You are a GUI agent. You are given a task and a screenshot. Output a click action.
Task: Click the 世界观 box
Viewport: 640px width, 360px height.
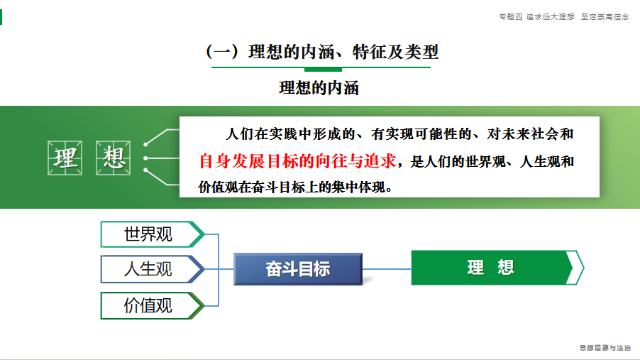(153, 234)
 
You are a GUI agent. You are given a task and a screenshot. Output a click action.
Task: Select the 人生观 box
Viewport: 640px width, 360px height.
(153, 269)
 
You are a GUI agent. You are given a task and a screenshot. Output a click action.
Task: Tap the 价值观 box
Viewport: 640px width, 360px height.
(153, 305)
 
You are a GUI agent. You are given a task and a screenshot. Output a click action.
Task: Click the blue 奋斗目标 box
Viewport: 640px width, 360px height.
(298, 269)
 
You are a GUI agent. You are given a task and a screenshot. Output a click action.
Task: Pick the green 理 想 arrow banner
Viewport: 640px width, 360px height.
(497, 268)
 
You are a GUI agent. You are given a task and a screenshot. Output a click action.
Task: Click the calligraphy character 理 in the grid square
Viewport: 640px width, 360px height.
(65, 158)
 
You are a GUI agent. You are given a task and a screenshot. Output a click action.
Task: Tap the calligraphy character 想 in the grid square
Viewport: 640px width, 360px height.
(113, 158)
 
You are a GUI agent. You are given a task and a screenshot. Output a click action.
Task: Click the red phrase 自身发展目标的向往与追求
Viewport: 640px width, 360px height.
(297, 161)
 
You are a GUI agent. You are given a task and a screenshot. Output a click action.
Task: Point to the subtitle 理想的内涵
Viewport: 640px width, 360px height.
(319, 88)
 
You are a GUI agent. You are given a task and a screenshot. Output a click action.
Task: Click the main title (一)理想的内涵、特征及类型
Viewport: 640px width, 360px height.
(322, 52)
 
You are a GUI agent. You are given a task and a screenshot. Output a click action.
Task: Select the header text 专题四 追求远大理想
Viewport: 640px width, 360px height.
(536, 17)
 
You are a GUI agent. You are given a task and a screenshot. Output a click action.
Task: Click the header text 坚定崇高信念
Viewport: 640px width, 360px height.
(605, 17)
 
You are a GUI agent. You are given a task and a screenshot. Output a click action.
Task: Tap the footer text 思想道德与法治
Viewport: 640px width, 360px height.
(605, 348)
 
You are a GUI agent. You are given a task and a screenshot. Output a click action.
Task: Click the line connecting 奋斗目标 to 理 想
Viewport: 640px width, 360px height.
(387, 269)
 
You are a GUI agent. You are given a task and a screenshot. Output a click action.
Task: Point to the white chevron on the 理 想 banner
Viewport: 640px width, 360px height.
(575, 268)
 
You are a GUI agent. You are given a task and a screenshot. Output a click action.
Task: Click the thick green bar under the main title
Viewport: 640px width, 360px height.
(323, 70)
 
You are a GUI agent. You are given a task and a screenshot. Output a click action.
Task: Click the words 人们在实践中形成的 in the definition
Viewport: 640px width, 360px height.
(290, 134)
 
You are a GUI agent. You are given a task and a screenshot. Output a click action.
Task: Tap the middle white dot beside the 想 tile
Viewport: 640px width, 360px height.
(145, 158)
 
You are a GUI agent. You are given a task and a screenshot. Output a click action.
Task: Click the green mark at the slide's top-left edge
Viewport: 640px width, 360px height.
(1, 17)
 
